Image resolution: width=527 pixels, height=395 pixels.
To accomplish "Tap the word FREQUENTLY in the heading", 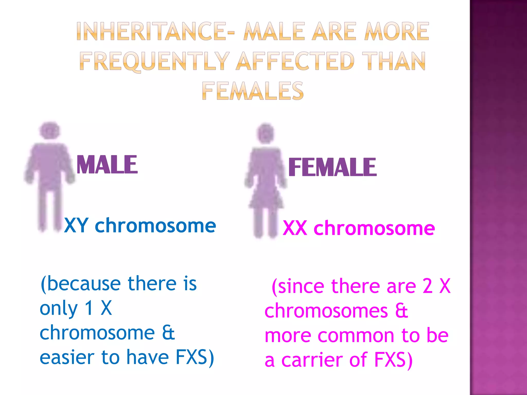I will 154,61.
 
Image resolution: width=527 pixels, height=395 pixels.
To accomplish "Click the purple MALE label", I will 107,165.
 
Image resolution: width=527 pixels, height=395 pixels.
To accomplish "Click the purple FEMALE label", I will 332,167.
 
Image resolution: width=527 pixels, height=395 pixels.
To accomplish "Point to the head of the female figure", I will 266,133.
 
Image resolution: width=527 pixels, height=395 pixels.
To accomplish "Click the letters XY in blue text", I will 76,226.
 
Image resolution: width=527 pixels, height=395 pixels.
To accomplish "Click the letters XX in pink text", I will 295,228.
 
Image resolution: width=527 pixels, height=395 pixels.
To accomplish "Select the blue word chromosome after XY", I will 155,226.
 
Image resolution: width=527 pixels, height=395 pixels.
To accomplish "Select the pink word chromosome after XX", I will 374,228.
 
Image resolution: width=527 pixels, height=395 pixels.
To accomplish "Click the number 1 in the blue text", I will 89,308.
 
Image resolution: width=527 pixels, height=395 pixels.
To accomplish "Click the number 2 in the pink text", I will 427,286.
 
